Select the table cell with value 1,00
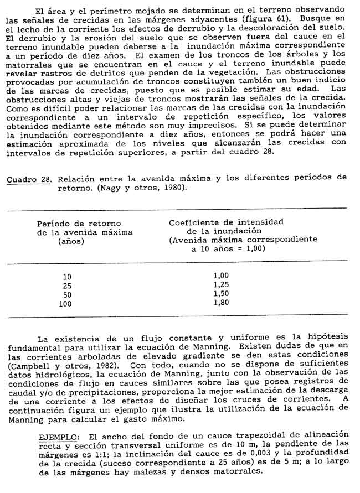point(221,276)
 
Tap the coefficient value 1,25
point(221,284)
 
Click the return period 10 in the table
point(67,277)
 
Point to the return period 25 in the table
point(67,286)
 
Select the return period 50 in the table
point(67,294)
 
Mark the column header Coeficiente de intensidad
point(226,221)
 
